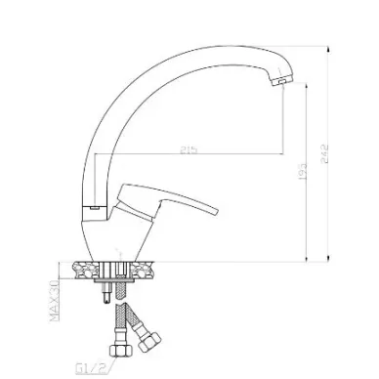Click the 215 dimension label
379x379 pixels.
(189, 149)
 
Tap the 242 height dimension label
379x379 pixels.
(324, 154)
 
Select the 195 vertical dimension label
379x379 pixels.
(302, 171)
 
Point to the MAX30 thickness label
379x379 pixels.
(55, 301)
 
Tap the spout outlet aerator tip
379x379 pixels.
(280, 82)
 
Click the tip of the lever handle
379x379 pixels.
(215, 211)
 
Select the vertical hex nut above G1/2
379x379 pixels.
(120, 351)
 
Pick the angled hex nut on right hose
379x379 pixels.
(149, 341)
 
